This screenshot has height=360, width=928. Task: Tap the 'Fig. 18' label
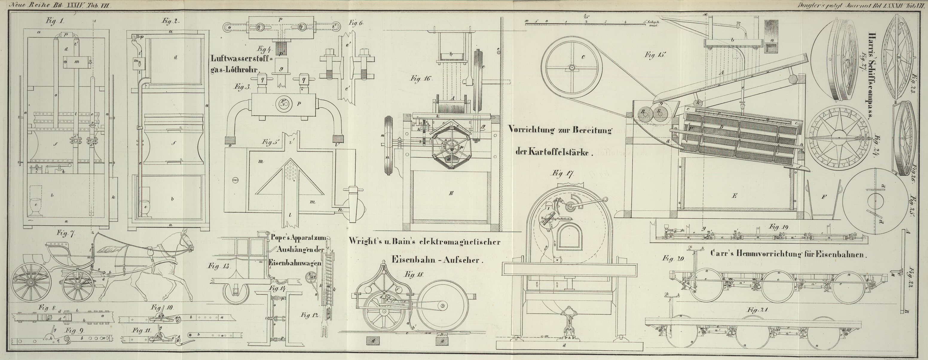415,274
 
